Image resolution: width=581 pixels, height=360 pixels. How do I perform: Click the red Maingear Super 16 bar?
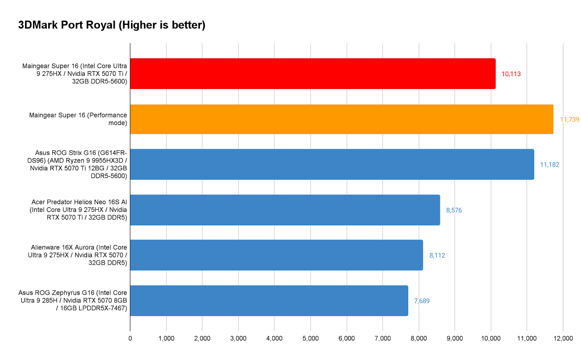(313, 74)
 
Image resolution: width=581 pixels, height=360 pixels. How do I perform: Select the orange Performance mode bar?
(341, 119)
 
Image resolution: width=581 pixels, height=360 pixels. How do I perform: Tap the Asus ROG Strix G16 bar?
(332, 164)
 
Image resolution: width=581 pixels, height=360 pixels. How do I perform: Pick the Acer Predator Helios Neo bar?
(285, 210)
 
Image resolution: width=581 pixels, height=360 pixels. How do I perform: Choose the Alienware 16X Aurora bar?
(276, 255)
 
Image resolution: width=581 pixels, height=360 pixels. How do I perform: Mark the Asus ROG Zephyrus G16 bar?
(269, 301)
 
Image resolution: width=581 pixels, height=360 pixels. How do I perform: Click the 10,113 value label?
(511, 74)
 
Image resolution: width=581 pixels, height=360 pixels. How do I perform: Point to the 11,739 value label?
(569, 120)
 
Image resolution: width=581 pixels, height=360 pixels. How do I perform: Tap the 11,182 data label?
(549, 165)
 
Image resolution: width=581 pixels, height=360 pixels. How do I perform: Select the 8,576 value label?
(454, 210)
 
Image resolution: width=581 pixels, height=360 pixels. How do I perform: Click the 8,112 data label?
(437, 255)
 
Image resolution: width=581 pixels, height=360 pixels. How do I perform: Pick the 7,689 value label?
(422, 301)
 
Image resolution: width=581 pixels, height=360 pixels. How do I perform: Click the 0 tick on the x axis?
(130, 339)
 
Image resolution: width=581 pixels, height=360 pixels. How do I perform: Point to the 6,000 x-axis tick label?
(346, 339)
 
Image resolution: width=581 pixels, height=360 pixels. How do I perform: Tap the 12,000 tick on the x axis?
(563, 339)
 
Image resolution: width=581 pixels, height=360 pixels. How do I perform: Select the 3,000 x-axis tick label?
(238, 339)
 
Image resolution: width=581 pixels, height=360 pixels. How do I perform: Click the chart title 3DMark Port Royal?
(112, 25)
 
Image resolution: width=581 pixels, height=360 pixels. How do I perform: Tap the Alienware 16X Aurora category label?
(78, 255)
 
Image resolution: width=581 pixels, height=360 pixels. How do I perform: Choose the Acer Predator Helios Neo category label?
(78, 210)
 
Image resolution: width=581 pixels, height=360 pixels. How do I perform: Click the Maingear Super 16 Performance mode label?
(78, 119)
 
